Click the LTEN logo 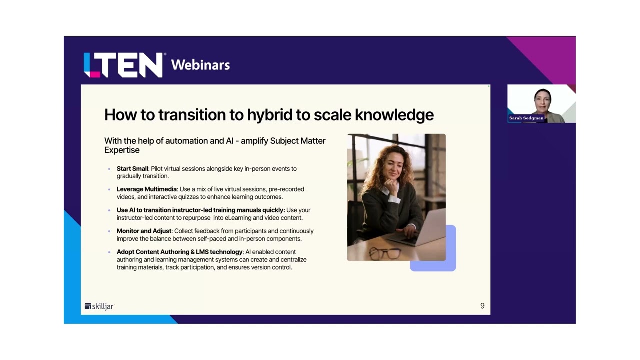tap(123, 65)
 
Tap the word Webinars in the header tap(200, 65)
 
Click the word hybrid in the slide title tap(270, 115)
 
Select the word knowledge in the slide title tap(394, 115)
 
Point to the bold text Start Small tap(132, 169)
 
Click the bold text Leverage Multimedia tap(147, 189)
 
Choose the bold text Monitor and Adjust tap(144, 231)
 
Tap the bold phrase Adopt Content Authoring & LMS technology tap(179, 252)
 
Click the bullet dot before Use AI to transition tap(109, 210)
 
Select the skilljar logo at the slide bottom tap(99, 306)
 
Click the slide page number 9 tap(482, 306)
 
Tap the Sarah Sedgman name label tap(526, 118)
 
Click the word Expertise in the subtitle tap(122, 150)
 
